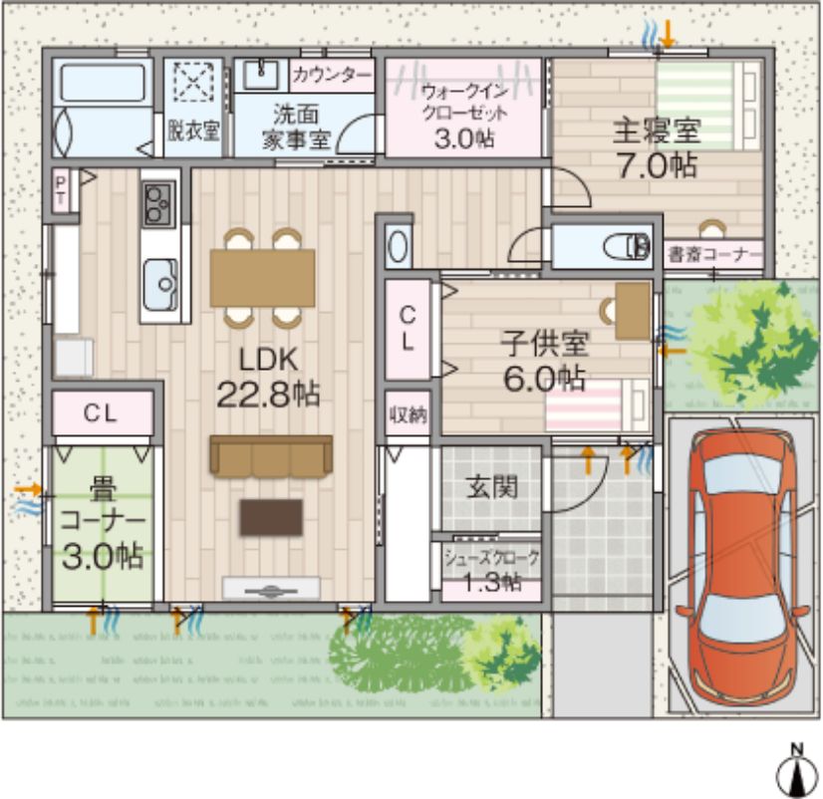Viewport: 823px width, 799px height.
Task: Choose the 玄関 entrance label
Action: click(x=491, y=487)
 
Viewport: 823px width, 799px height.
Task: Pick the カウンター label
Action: click(x=332, y=75)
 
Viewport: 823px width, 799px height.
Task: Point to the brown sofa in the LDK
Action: click(x=270, y=455)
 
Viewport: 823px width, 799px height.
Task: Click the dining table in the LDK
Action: click(x=262, y=278)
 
